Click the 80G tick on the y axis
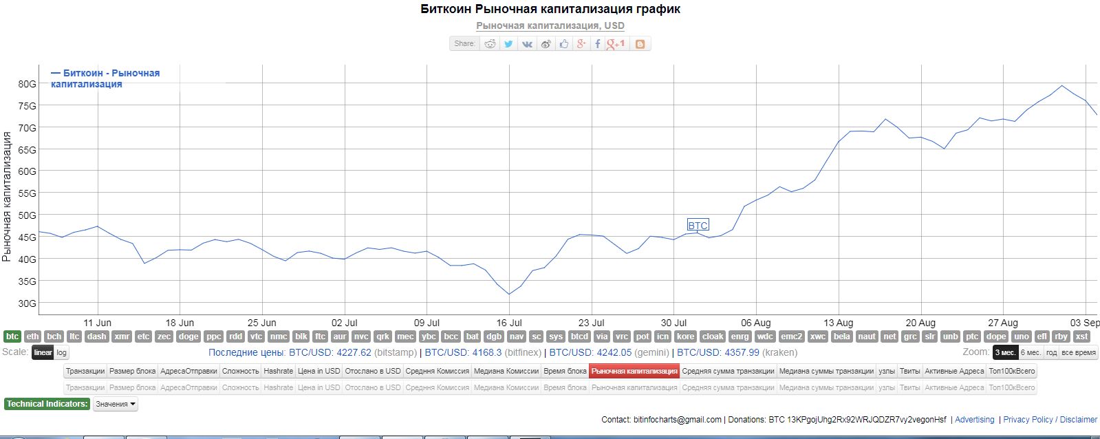pos(27,84)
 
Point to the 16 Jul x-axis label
pos(509,323)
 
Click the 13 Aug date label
pos(838,323)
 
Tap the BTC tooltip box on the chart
pos(698,225)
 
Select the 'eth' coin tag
pos(32,336)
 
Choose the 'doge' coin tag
pos(188,336)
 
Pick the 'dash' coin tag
pos(96,336)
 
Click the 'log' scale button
pos(62,352)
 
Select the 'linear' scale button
pos(43,352)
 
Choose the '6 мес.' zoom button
pos(1030,352)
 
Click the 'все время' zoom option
pos(1078,352)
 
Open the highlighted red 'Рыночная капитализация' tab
pos(634,371)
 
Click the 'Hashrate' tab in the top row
pos(278,371)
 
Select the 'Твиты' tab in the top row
pos(909,371)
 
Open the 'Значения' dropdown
pos(115,404)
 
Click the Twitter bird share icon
pos(508,43)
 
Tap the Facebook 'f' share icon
pos(597,43)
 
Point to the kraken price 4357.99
pos(737,352)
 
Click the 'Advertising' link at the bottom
pos(974,420)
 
